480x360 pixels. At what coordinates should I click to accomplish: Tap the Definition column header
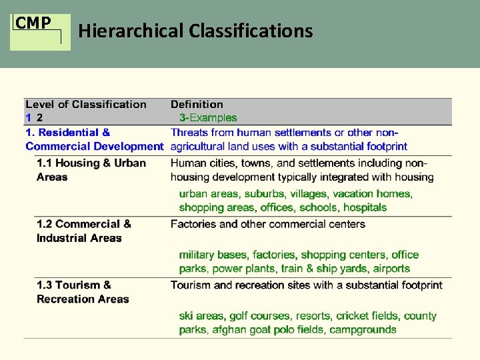[x=197, y=104]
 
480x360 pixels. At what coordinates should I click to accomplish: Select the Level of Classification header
[x=85, y=104]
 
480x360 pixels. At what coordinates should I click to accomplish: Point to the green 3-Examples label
[x=209, y=118]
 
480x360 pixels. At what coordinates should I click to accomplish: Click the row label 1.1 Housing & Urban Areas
[x=91, y=170]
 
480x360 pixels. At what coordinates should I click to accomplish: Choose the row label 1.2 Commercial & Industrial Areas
[x=83, y=231]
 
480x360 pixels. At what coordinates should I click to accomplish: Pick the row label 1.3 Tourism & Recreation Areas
[x=82, y=292]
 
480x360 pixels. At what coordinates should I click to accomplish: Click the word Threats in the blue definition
[x=189, y=133]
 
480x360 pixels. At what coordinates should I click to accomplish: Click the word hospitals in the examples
[x=365, y=207]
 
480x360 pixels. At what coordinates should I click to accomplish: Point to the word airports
[x=392, y=269]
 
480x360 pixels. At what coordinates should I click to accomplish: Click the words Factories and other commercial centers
[x=268, y=224]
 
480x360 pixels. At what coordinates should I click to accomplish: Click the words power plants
[x=244, y=269]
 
